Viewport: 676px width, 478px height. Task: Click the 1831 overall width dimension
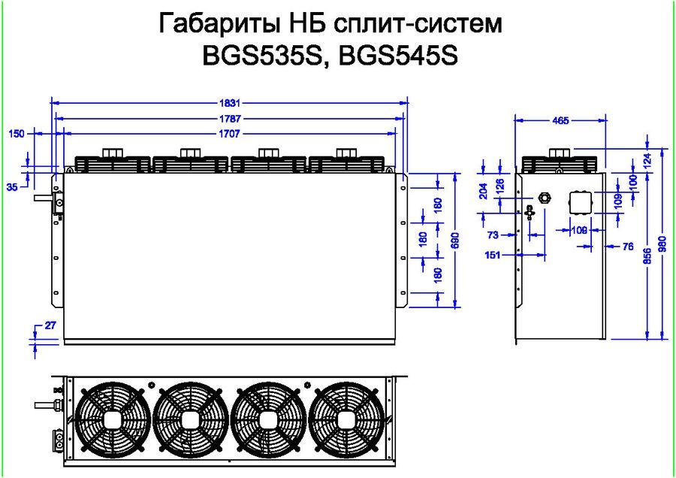(229, 103)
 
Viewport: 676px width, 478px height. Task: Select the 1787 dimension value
(229, 119)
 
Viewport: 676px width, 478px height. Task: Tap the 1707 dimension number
(229, 134)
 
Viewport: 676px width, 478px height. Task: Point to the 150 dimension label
(17, 134)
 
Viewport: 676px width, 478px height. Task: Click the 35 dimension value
(13, 187)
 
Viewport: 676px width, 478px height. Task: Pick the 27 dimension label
(50, 325)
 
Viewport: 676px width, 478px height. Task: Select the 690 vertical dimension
(456, 241)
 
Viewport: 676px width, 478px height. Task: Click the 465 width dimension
(560, 120)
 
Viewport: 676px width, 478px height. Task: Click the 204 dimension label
(484, 191)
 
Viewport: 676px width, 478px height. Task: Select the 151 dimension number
(493, 255)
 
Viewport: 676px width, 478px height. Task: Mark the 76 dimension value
(629, 247)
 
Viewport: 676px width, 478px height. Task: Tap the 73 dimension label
(493, 235)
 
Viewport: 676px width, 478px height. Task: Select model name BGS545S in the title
(398, 56)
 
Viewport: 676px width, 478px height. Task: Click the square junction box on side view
(581, 202)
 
